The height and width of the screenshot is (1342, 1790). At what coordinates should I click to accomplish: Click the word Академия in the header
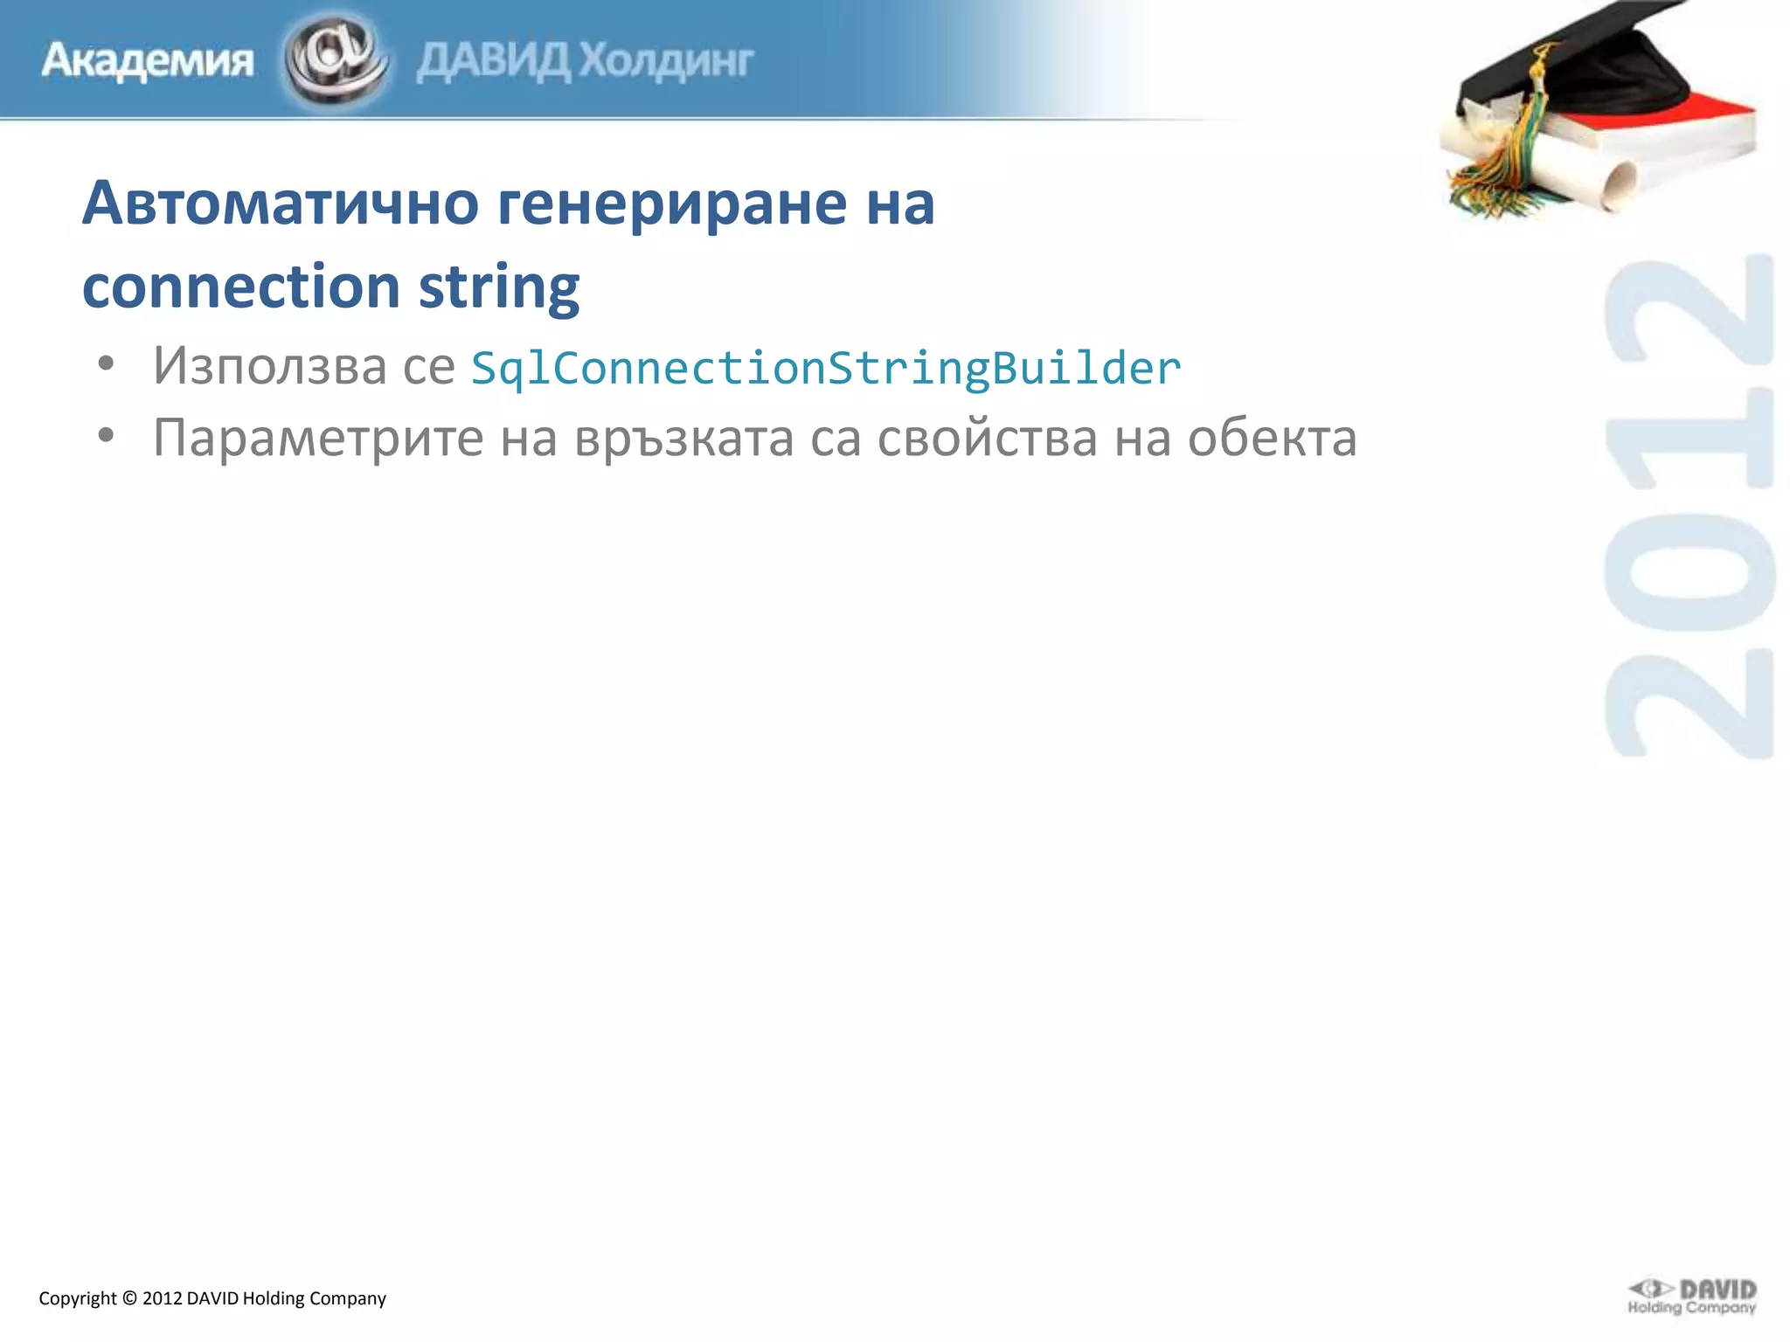[148, 61]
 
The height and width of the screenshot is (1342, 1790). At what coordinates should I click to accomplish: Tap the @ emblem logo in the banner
[336, 59]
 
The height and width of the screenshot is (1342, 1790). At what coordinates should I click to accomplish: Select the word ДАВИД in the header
[493, 61]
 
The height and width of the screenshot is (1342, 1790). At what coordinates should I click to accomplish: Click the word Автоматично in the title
[281, 203]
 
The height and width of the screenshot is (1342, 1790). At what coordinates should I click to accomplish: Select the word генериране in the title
[672, 203]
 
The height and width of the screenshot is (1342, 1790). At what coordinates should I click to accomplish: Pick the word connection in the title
[241, 287]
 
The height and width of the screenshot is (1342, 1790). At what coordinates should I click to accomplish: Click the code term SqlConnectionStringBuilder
[826, 368]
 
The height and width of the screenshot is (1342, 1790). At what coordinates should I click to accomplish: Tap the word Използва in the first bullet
[269, 366]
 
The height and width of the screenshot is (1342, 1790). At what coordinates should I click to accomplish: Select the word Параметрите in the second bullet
[317, 438]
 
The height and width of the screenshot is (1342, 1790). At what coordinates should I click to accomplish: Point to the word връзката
[683, 438]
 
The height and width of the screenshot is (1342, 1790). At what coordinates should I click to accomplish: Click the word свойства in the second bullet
[987, 438]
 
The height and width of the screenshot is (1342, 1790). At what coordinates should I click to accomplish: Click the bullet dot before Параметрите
[106, 434]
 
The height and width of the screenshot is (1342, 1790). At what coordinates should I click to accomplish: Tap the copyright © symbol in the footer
[129, 1298]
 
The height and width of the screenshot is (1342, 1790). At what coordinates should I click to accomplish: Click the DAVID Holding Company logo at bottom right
[1691, 1297]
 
